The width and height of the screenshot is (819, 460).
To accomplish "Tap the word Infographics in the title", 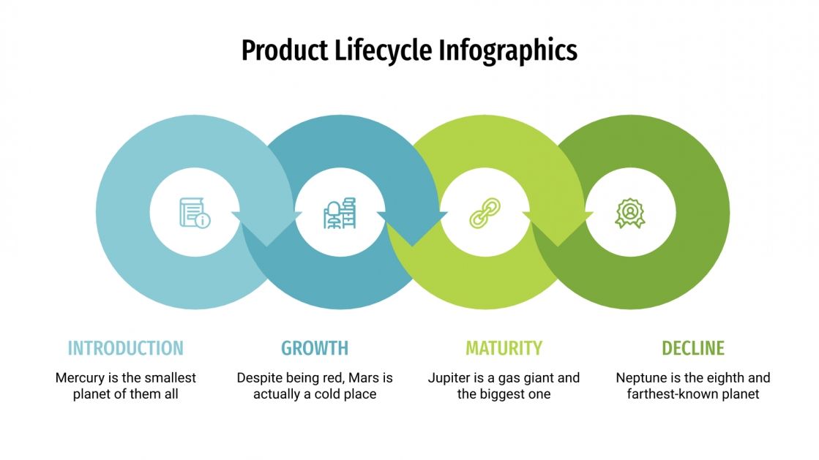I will tap(508, 50).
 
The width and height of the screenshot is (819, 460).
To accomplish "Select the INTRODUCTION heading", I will tap(125, 348).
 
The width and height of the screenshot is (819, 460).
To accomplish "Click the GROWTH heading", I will tap(315, 348).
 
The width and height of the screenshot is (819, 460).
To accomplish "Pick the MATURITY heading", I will tap(504, 348).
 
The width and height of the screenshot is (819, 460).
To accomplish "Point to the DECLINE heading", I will tap(692, 348).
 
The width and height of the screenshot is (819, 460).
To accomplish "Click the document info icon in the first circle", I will tap(194, 213).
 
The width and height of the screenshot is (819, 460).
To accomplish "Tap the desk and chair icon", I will tap(340, 213).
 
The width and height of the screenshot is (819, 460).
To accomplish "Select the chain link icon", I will tap(485, 213).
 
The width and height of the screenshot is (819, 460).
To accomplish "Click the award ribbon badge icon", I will tap(629, 213).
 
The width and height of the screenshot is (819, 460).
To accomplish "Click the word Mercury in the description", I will tap(80, 378).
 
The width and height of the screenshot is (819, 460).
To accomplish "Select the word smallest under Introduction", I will tap(170, 378).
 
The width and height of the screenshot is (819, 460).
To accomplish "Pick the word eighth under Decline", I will tap(722, 378).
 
